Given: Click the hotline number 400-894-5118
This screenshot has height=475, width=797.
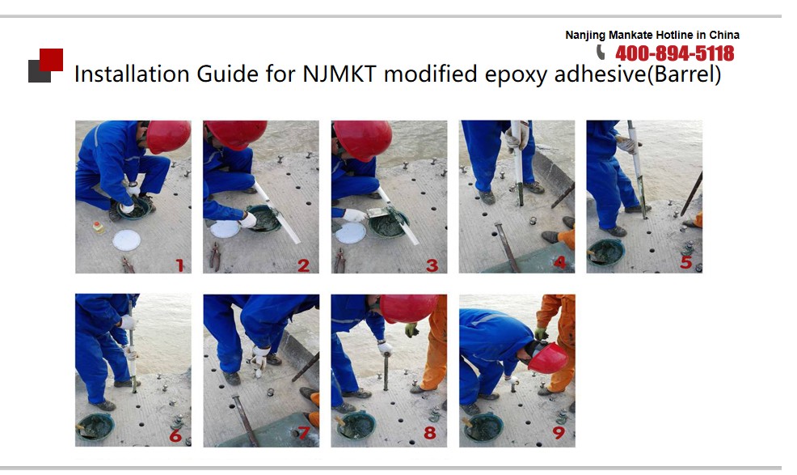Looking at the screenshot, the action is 674,53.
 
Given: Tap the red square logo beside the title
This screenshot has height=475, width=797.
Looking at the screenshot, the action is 52,60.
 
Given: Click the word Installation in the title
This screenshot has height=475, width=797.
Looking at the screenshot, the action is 133,74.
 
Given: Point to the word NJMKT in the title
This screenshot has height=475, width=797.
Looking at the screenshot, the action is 339,74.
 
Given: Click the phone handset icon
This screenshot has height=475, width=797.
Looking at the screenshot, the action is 601,52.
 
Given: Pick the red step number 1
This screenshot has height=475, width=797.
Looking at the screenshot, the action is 179,265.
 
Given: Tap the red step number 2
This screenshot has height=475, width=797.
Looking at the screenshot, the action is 303,265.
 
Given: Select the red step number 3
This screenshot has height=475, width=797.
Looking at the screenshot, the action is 432,265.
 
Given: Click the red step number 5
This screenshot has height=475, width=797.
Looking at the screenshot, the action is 686,262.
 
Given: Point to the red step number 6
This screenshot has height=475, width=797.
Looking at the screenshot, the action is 176,436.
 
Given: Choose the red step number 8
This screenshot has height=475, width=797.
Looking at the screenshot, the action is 430,433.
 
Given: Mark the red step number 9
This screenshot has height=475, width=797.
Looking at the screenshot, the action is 559,433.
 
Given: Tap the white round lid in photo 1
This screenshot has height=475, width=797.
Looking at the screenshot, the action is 127,240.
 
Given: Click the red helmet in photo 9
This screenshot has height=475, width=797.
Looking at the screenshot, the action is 548,358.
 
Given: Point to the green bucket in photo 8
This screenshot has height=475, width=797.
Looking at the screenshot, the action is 357,425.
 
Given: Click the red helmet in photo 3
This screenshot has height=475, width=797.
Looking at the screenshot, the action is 363,138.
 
